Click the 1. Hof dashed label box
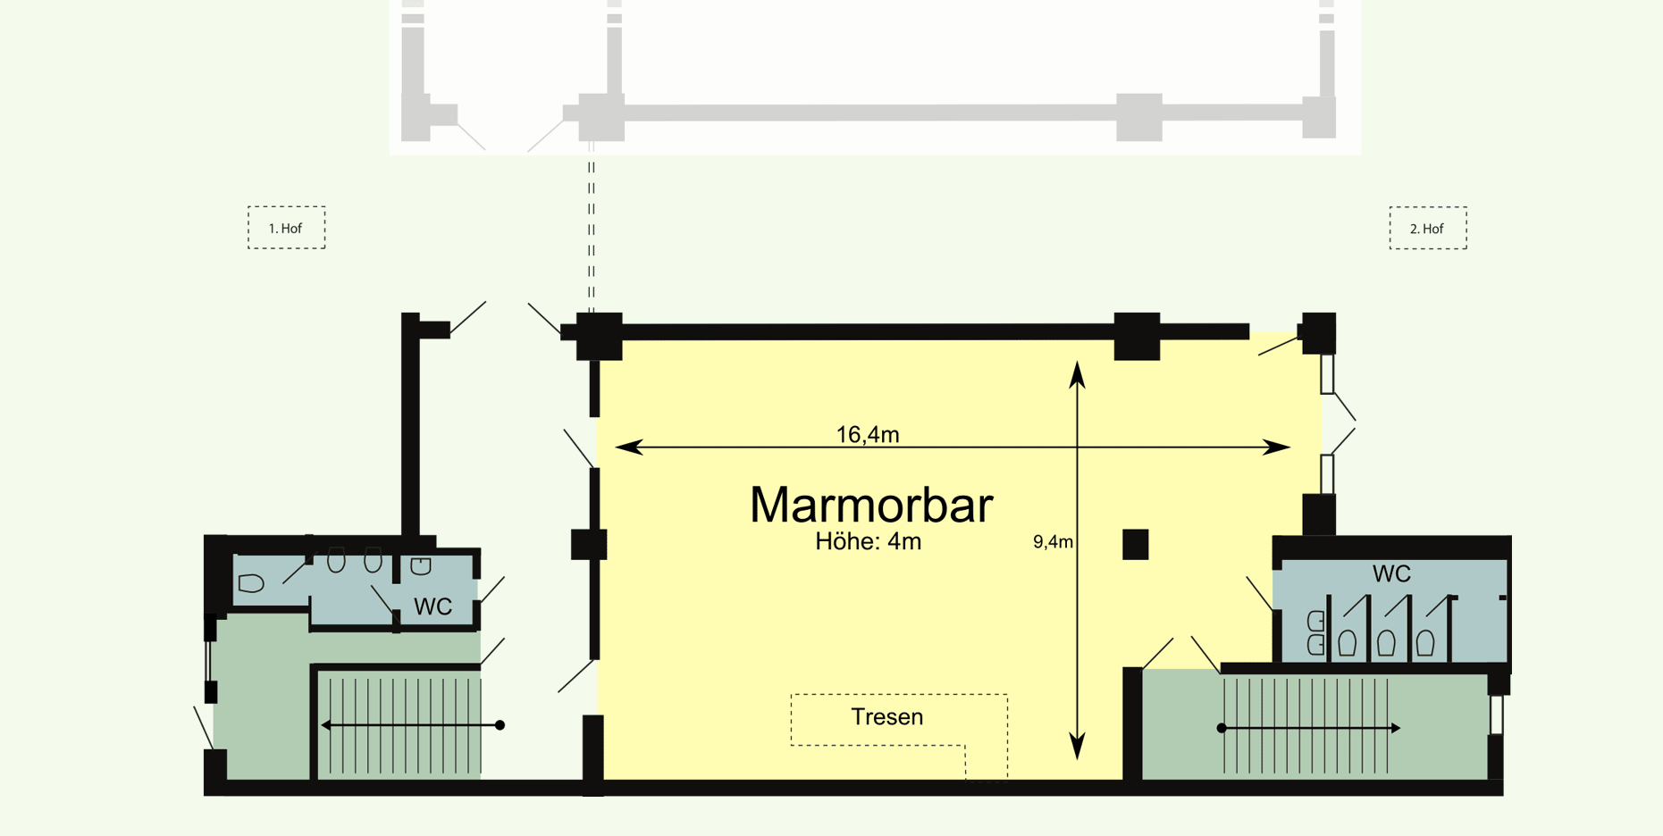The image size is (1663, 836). tap(286, 228)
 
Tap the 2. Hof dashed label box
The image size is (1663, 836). tap(1427, 229)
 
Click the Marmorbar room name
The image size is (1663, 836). tap(870, 505)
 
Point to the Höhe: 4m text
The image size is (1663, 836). tap(868, 541)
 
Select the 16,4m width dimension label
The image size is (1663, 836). tap(867, 434)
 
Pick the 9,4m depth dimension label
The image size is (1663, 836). tap(1053, 542)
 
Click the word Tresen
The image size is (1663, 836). tap(886, 717)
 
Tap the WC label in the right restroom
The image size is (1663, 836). tap(1391, 573)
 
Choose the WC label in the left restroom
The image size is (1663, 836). tap(433, 607)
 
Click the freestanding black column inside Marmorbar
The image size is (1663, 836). tap(1135, 544)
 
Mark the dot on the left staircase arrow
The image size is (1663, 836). tap(500, 725)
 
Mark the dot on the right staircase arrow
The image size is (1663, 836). tap(1222, 728)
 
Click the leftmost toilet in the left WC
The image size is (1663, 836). tap(251, 584)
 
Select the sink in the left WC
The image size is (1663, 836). tap(421, 565)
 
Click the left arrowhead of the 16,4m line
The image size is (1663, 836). tap(628, 447)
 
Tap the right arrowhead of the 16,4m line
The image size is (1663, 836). tap(1277, 447)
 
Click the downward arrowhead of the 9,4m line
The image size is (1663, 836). tap(1078, 747)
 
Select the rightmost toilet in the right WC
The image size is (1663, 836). tap(1425, 642)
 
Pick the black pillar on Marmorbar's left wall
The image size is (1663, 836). tap(589, 544)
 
